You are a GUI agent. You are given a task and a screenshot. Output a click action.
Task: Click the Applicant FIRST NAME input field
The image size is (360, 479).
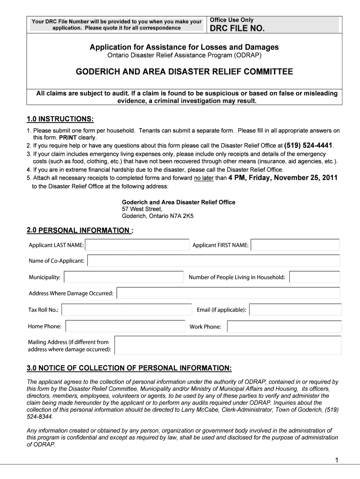pyautogui.click(x=295, y=245)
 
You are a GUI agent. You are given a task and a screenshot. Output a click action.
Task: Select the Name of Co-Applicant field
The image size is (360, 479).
pyautogui.click(x=214, y=261)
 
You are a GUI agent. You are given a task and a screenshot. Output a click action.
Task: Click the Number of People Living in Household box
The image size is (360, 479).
pyautogui.click(x=315, y=277)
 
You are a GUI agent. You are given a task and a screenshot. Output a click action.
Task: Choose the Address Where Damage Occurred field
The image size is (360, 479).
pyautogui.click(x=228, y=293)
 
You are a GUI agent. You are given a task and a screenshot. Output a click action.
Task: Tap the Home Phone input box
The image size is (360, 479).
pyautogui.click(x=124, y=327)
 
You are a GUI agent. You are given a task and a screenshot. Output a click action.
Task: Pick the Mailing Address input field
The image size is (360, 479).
pyautogui.click(x=228, y=345)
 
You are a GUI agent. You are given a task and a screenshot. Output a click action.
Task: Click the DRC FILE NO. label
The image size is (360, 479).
pyautogui.click(x=237, y=29)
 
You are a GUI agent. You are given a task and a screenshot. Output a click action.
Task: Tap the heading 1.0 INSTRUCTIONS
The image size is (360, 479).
pyautogui.click(x=60, y=119)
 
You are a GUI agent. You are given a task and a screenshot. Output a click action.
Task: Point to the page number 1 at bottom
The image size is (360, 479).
pyautogui.click(x=336, y=460)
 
